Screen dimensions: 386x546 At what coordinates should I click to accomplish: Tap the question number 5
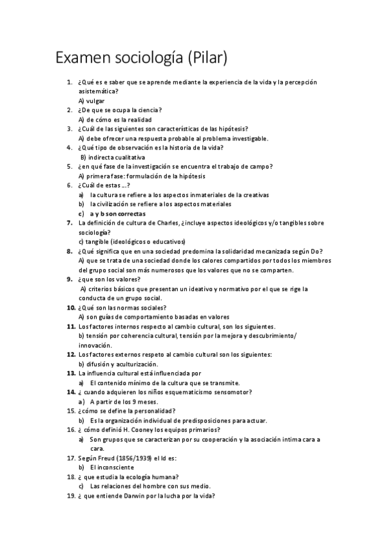click(x=69, y=166)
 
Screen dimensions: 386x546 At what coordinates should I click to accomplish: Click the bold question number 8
click(x=69, y=250)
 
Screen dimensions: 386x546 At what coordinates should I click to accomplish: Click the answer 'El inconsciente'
click(x=112, y=467)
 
